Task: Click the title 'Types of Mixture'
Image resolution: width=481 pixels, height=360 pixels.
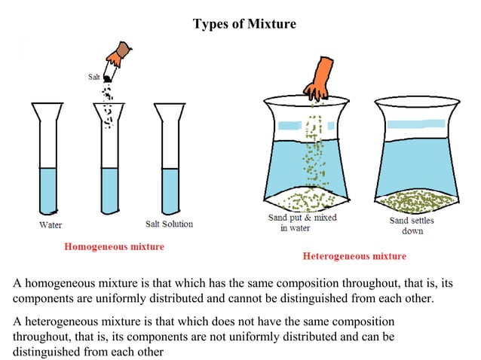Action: click(x=244, y=24)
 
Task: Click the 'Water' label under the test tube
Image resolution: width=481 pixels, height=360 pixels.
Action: click(x=51, y=224)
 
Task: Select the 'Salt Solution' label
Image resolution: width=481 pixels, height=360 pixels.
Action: click(x=169, y=224)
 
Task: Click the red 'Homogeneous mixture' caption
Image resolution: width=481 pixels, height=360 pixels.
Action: click(x=114, y=246)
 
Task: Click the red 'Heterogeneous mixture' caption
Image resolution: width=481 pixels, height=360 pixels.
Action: click(x=354, y=256)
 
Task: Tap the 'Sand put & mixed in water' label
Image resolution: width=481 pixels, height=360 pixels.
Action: click(x=302, y=223)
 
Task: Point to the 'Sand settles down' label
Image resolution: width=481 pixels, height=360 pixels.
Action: click(x=412, y=225)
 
